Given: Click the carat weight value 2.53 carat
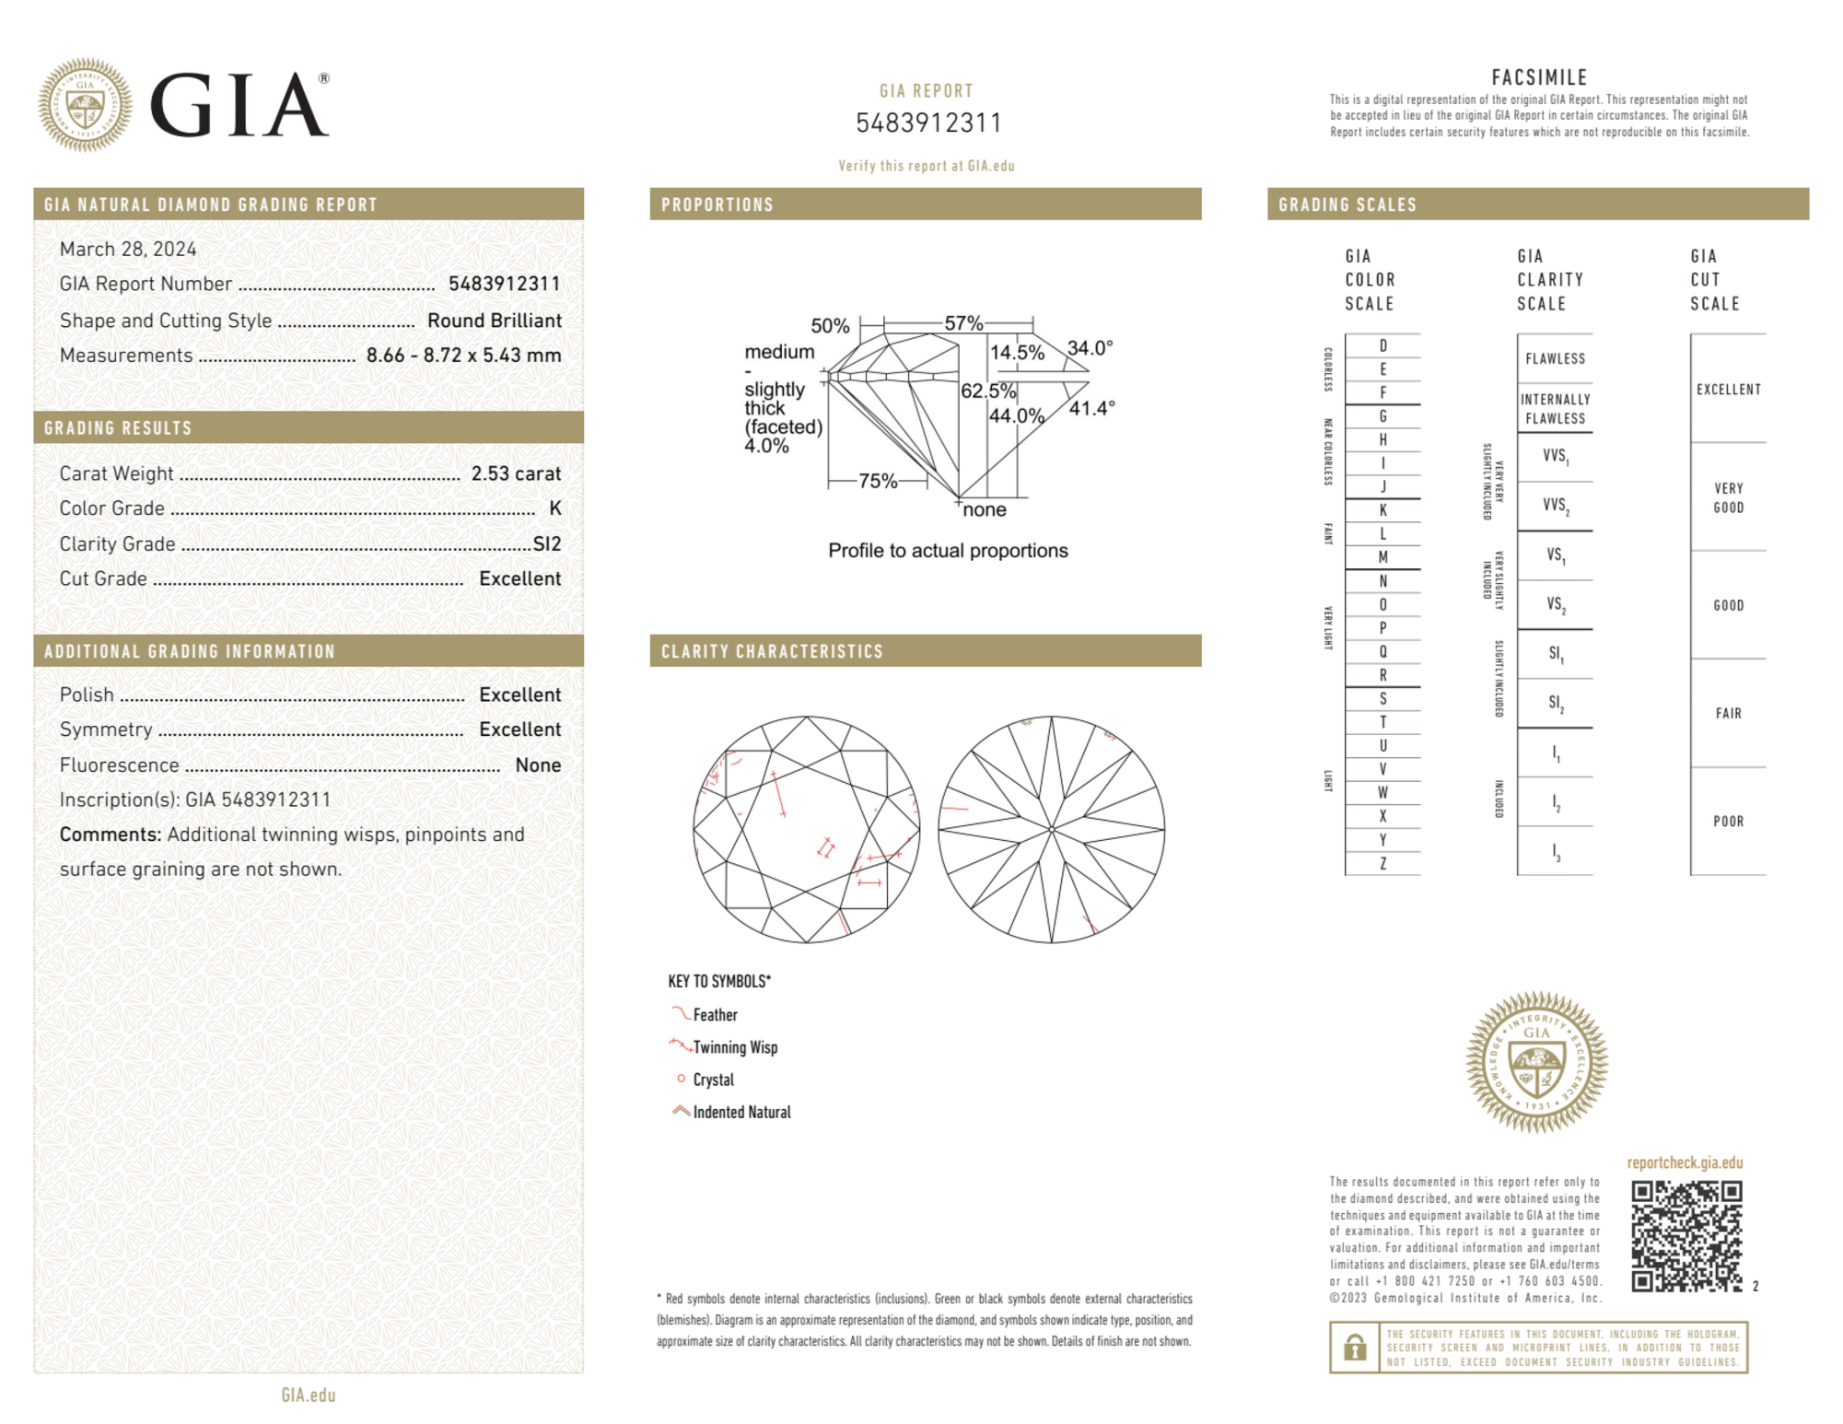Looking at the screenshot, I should pos(516,473).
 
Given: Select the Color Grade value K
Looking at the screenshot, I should pos(554,508).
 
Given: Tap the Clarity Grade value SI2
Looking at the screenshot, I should pos(547,543).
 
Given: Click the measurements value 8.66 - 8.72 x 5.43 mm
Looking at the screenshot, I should pos(463,356).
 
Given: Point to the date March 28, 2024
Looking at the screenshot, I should pos(128,249).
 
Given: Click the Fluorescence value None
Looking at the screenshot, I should pos(538,765).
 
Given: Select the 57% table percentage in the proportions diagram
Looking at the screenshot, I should pos(963,323).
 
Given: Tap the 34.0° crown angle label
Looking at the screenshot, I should pos(1090,348).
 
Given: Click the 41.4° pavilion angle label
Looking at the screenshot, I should pos(1091,407).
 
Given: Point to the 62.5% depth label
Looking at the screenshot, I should pos(987,391).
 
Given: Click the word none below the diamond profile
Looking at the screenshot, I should pos(985,509).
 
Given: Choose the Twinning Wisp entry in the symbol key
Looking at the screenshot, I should pos(735,1047).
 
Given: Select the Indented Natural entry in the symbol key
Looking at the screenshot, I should pos(741,1112).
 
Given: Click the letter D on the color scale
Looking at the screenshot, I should pos(1382,346).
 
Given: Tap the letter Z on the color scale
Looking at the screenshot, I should pos(1382,863).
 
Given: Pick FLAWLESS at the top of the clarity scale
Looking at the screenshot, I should pos(1555,358).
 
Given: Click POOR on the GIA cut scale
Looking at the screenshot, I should pos(1728,821).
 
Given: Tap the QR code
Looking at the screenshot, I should pos(1686,1236).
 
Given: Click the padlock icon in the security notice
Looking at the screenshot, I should pos(1354,1348).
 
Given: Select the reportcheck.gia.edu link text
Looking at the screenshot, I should pos(1685,1162).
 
